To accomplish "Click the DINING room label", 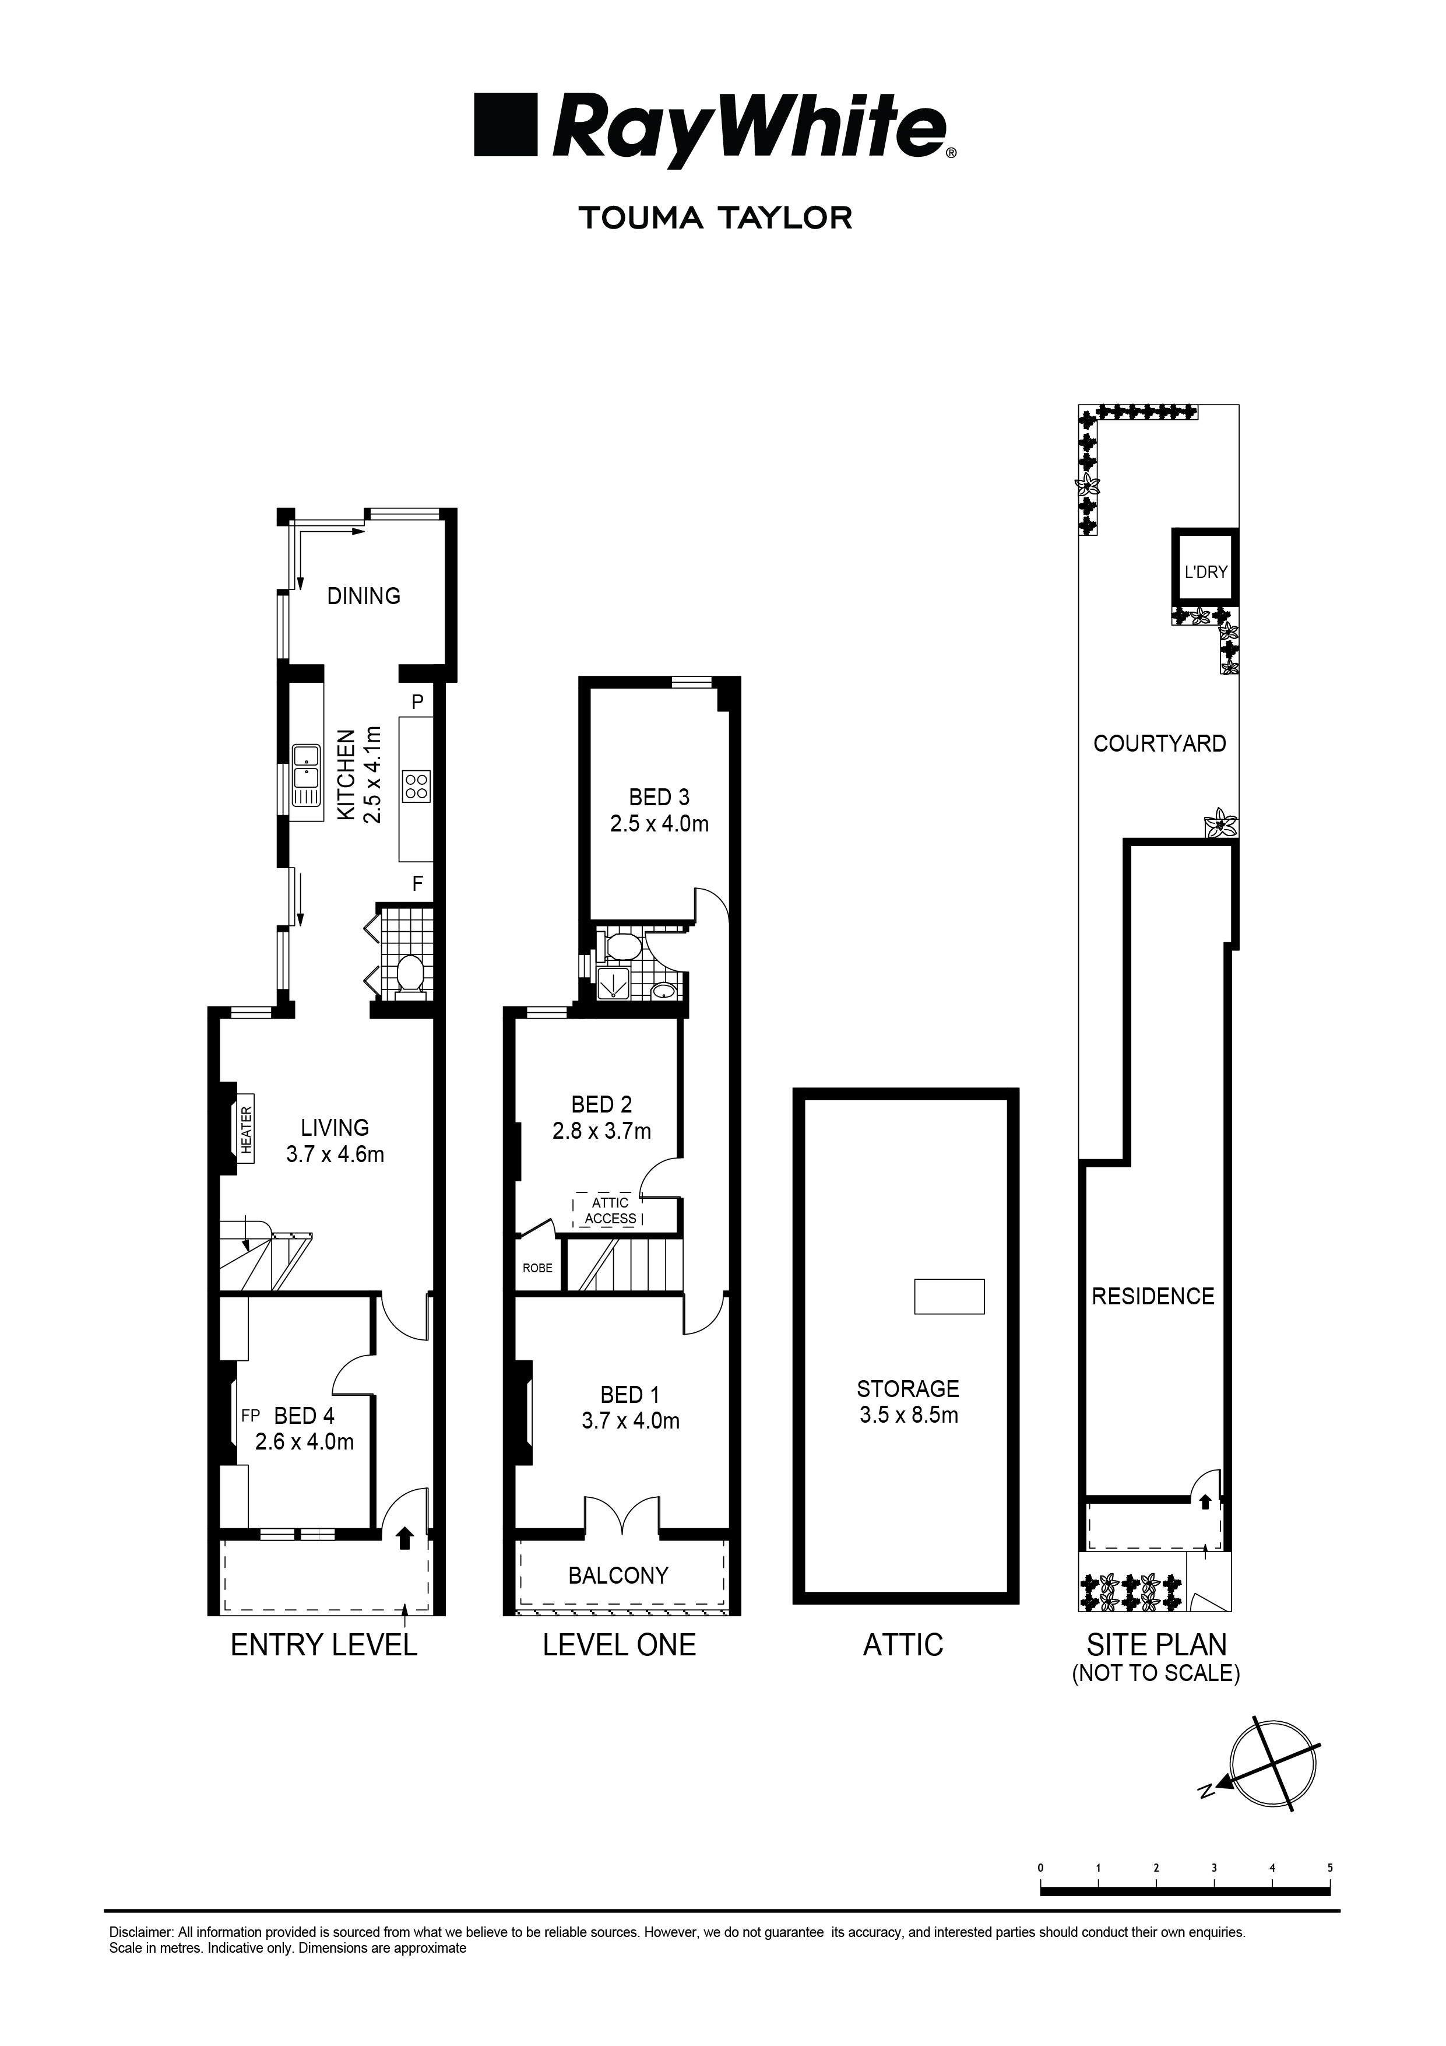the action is [x=364, y=595].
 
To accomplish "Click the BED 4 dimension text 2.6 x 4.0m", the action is [x=305, y=1441].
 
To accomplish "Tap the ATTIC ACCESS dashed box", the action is [x=610, y=1210].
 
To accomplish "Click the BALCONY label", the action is [x=618, y=1575].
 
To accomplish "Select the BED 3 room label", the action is [x=659, y=798].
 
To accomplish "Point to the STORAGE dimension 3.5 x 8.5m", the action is [x=909, y=1415].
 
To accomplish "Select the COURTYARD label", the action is [x=1159, y=743].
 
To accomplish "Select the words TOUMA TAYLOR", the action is [x=716, y=217].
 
